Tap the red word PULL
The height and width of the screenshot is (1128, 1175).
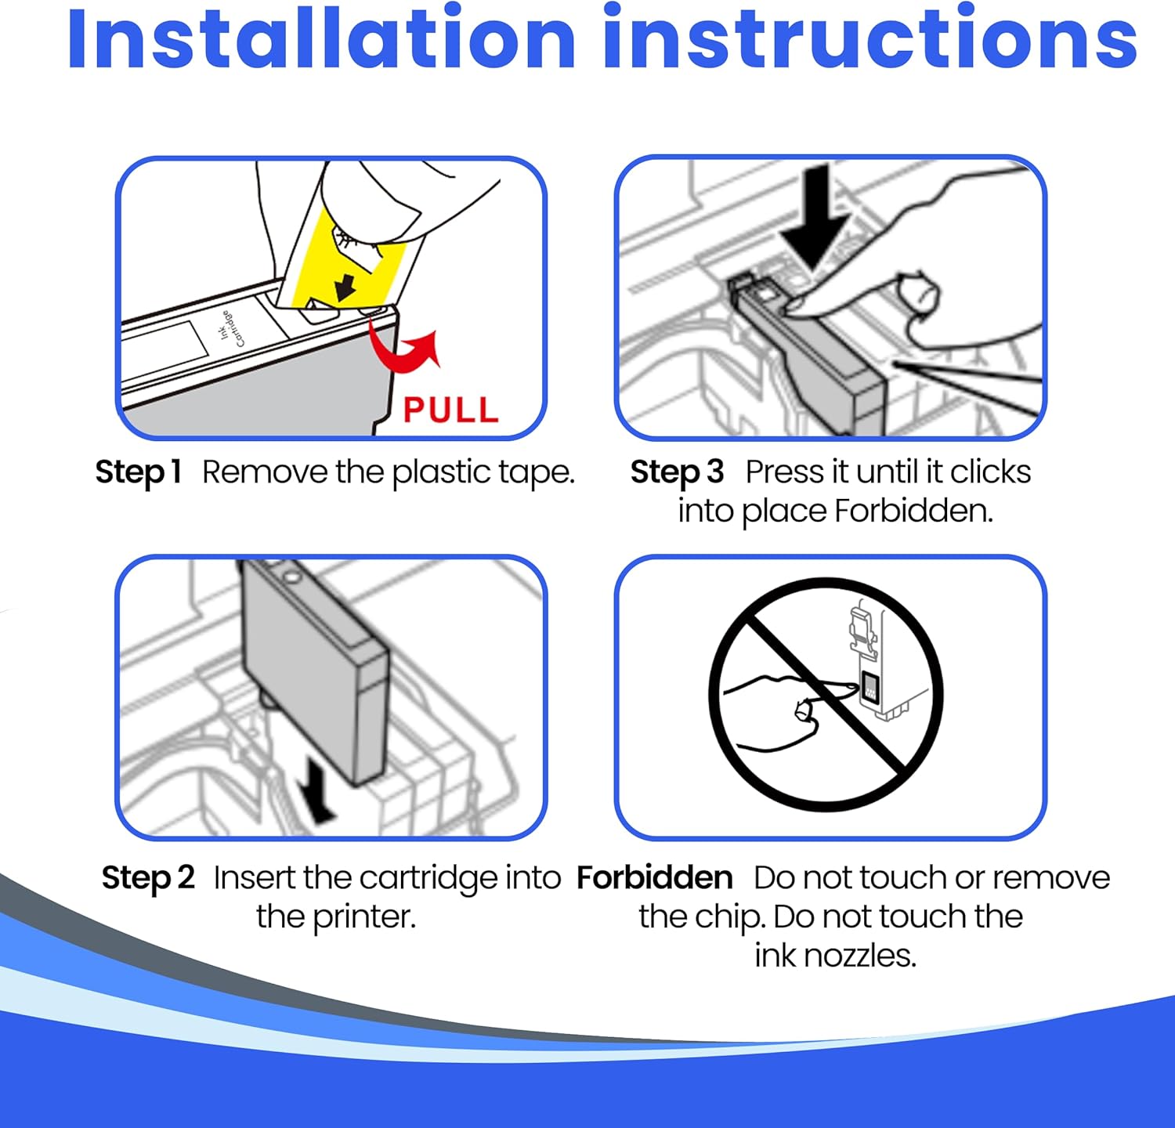click(x=450, y=410)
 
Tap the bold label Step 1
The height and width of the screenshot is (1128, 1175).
click(x=138, y=472)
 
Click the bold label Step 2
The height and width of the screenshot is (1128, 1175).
click(x=148, y=877)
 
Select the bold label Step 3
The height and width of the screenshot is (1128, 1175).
click(x=677, y=472)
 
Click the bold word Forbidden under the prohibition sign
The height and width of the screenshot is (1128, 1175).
click(x=654, y=877)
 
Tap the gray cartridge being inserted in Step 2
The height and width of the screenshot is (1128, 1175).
click(x=313, y=670)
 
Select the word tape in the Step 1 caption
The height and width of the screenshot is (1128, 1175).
click(x=543, y=473)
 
